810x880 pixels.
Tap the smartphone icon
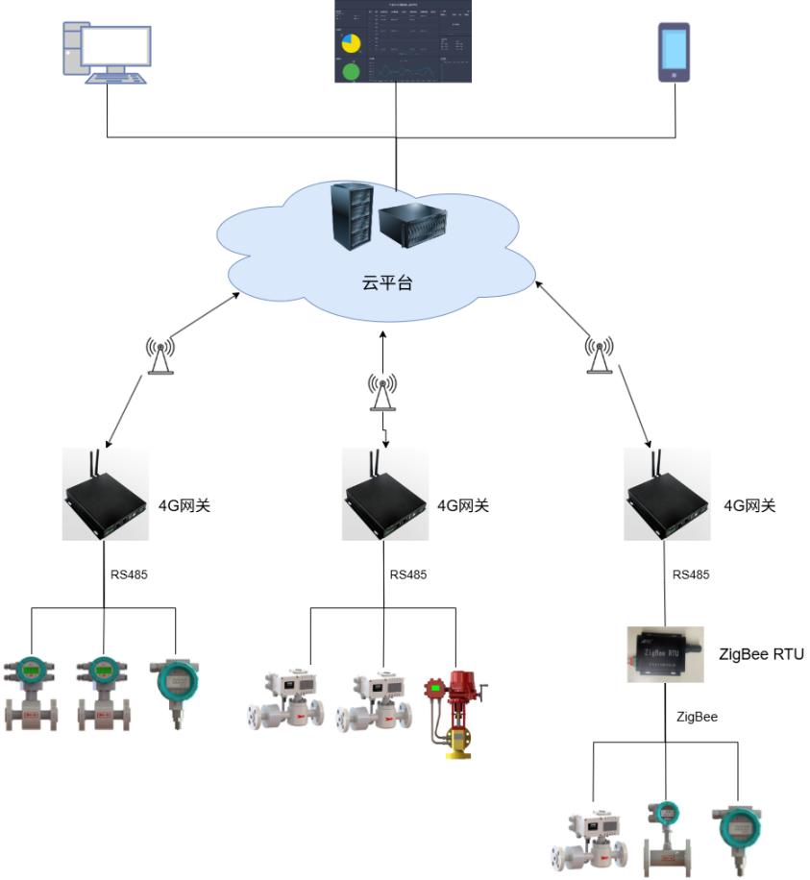pyautogui.click(x=674, y=52)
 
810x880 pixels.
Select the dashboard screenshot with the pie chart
pyautogui.click(x=404, y=41)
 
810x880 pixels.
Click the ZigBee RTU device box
pyautogui.click(x=666, y=654)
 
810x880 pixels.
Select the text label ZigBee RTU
pyautogui.click(x=761, y=654)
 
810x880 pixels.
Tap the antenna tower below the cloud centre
pyautogui.click(x=382, y=392)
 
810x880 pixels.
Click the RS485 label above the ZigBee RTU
pyautogui.click(x=691, y=575)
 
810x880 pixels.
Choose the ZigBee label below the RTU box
pyautogui.click(x=697, y=717)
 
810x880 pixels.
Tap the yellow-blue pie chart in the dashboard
pyautogui.click(x=351, y=42)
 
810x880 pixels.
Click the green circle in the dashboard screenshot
pyautogui.click(x=351, y=71)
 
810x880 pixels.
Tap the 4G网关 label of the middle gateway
pyautogui.click(x=462, y=505)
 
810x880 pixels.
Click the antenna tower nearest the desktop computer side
pyautogui.click(x=160, y=355)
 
